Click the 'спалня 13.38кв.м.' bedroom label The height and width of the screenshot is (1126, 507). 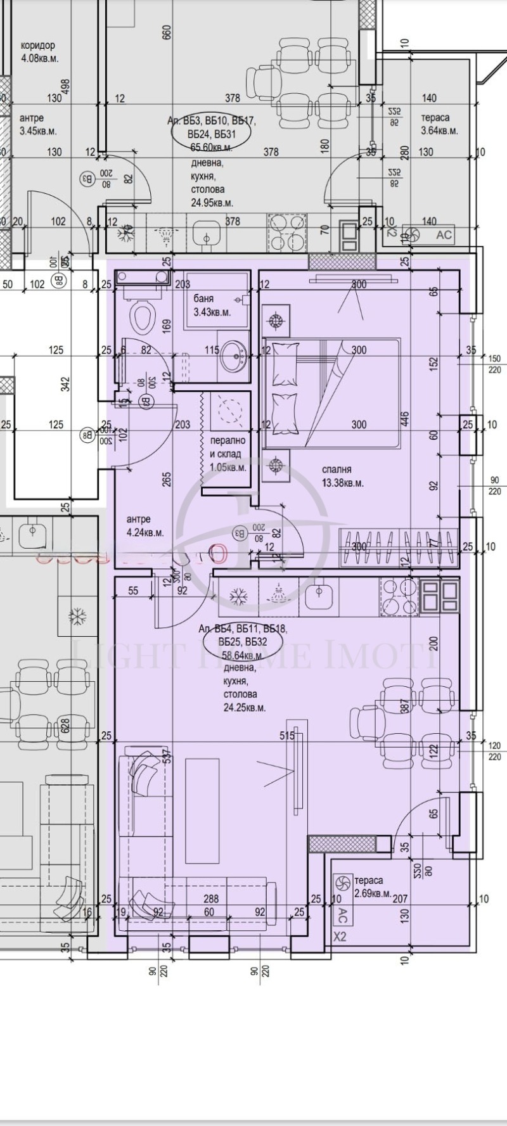(x=343, y=477)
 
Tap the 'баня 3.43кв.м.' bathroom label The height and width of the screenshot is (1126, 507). (x=211, y=305)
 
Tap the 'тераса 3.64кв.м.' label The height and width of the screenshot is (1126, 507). (x=439, y=124)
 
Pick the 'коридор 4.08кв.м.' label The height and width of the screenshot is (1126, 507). (x=38, y=51)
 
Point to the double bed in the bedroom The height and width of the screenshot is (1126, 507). (x=331, y=393)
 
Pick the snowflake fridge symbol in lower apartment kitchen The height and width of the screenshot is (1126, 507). (x=238, y=597)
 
